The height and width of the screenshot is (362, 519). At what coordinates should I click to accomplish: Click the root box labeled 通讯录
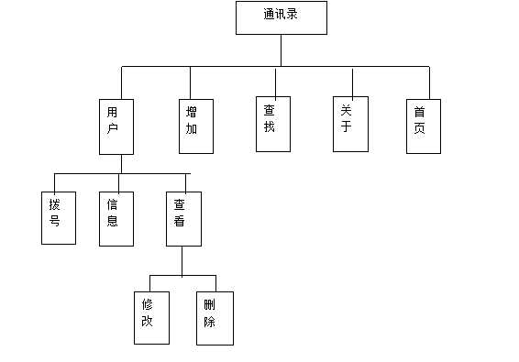pyautogui.click(x=281, y=17)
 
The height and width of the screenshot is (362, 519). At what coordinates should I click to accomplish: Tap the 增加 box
pyautogui.click(x=195, y=126)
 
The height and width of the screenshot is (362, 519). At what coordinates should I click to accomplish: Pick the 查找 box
pyautogui.click(x=272, y=124)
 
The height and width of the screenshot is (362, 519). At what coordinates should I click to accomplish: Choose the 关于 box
pyautogui.click(x=350, y=124)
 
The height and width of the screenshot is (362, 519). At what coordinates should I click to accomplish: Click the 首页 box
pyautogui.click(x=423, y=126)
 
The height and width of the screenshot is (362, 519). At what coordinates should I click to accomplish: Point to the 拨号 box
pyautogui.click(x=58, y=218)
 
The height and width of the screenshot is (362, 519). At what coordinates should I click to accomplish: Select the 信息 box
pyautogui.click(x=116, y=218)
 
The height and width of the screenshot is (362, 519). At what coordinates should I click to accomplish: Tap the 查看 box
pyautogui.click(x=183, y=218)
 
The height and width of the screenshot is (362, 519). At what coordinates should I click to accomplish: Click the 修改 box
pyautogui.click(x=151, y=317)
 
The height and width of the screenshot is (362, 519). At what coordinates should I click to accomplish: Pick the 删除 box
pyautogui.click(x=215, y=317)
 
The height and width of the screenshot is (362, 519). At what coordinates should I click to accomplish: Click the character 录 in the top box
pyautogui.click(x=293, y=15)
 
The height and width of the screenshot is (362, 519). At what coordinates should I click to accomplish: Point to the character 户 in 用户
pyautogui.click(x=114, y=128)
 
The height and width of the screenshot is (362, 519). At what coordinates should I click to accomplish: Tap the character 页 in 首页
pyautogui.click(x=419, y=128)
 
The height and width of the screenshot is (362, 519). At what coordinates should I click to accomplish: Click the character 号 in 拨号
pyautogui.click(x=55, y=221)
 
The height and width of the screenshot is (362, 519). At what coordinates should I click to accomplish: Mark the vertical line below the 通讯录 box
pyautogui.click(x=281, y=50)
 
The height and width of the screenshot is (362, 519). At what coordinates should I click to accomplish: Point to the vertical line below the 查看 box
pyautogui.click(x=182, y=260)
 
